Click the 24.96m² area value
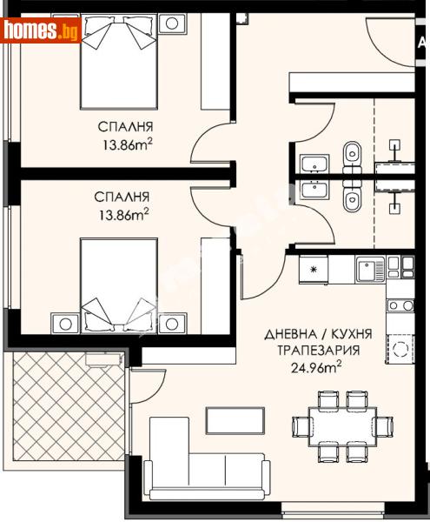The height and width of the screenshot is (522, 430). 309,366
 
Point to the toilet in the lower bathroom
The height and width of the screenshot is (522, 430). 352,200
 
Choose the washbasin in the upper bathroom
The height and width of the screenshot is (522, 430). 313,163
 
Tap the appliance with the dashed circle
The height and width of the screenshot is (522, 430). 400,351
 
